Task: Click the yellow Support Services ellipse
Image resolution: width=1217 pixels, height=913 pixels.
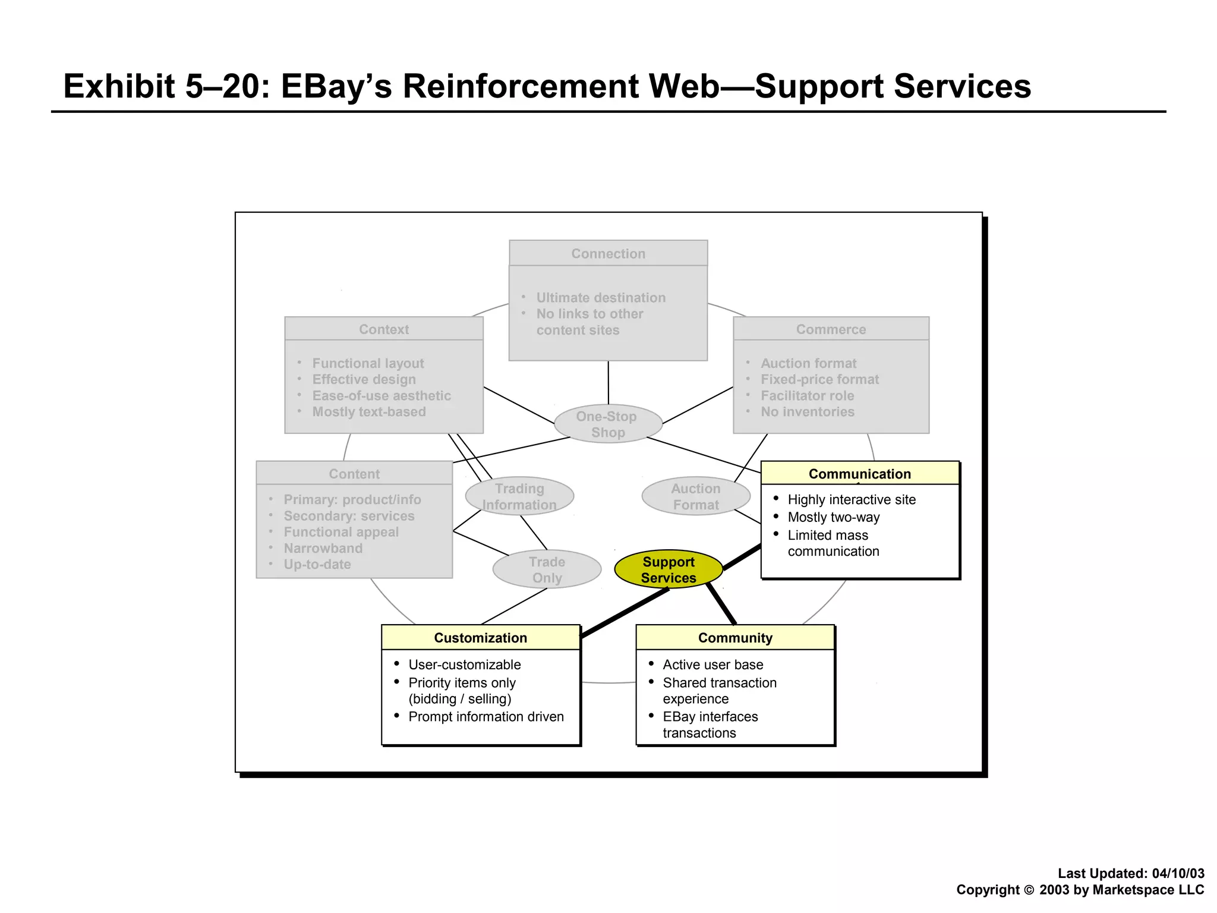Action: pos(668,569)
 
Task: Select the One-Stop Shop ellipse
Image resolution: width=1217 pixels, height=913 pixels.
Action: pos(607,424)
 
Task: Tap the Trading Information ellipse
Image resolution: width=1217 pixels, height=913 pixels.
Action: pos(519,496)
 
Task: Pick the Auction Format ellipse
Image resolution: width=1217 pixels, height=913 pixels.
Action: pos(695,496)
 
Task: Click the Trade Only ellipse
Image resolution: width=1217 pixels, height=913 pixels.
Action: pos(547,569)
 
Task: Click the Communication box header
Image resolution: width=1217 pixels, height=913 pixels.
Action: pos(859,474)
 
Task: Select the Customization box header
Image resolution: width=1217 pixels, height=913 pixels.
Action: pos(480,638)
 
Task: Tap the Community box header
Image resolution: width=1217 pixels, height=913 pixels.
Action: pos(735,638)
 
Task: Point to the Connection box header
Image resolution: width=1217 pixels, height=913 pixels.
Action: pos(608,254)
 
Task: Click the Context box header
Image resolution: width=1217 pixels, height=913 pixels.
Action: pos(384,329)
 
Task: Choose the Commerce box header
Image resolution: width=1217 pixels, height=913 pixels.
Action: pos(831,329)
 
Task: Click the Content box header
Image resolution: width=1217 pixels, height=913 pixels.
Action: pos(354,474)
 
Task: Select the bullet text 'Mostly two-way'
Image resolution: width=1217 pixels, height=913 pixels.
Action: pos(833,517)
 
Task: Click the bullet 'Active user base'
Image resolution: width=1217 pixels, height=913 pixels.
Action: pos(712,665)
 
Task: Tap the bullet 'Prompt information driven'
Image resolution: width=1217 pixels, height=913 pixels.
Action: pos(485,717)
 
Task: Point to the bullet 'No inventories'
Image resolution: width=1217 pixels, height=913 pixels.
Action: pos(807,412)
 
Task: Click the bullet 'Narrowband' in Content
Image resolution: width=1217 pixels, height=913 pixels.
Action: pos(323,548)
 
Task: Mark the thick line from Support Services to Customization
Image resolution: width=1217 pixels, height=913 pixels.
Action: pos(624,613)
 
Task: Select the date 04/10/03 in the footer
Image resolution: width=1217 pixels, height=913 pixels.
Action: pos(1178,873)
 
